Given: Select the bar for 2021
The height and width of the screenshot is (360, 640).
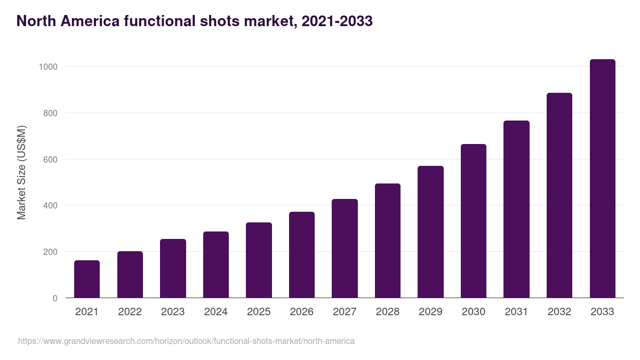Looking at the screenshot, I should click(x=87, y=279).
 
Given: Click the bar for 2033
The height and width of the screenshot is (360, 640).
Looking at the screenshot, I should click(x=603, y=179).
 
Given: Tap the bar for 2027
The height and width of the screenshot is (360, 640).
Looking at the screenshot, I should click(x=345, y=249).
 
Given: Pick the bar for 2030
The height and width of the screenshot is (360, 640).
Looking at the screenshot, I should click(x=474, y=221).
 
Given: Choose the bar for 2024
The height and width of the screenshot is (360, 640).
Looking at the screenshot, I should click(x=216, y=265).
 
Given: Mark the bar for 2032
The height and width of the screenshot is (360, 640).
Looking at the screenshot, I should click(x=559, y=195).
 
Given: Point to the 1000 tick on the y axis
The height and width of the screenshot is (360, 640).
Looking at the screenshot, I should click(x=47, y=67).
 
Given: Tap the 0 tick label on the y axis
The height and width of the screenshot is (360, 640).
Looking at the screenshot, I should click(x=55, y=298).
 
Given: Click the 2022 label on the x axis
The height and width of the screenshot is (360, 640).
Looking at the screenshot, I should click(x=130, y=312).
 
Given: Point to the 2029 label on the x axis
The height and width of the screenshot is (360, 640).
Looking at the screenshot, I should click(x=430, y=312).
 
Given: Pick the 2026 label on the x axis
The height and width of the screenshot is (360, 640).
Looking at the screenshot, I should click(x=302, y=312).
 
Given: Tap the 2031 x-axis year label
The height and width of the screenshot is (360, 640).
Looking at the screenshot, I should click(x=516, y=312).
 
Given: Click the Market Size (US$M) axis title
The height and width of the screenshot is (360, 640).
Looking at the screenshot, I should click(x=21, y=172).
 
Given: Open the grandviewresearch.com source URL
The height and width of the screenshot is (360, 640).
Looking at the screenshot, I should click(x=186, y=341).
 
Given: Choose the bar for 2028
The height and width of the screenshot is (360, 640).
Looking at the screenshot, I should click(x=388, y=241).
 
